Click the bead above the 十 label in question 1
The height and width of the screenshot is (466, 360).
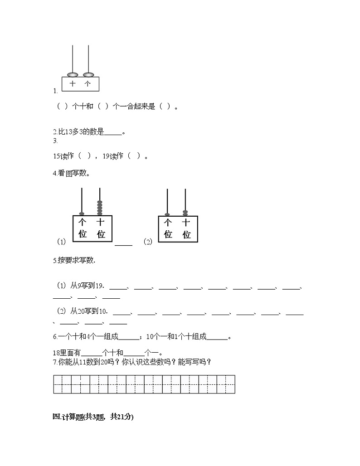coord(72,74)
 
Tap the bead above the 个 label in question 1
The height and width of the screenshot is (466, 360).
coord(88,74)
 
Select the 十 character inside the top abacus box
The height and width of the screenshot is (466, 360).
coord(73,84)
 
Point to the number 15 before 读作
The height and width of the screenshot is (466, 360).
coord(57,156)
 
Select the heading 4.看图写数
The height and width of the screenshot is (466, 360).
coord(71,173)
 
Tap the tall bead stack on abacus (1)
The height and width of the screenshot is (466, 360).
coord(100,208)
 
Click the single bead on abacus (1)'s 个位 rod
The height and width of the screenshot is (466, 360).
coord(82,214)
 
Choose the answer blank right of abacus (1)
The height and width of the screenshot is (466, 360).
coord(123,243)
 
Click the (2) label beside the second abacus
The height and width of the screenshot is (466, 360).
coord(148,242)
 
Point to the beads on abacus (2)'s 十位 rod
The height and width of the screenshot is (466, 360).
coord(185,213)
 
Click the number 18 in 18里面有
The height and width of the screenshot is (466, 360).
coord(57,353)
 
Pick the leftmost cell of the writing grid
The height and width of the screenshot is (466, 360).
coord(58,384)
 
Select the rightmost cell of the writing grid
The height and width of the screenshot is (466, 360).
coord(230,384)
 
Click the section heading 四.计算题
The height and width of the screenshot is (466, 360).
coord(93,417)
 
